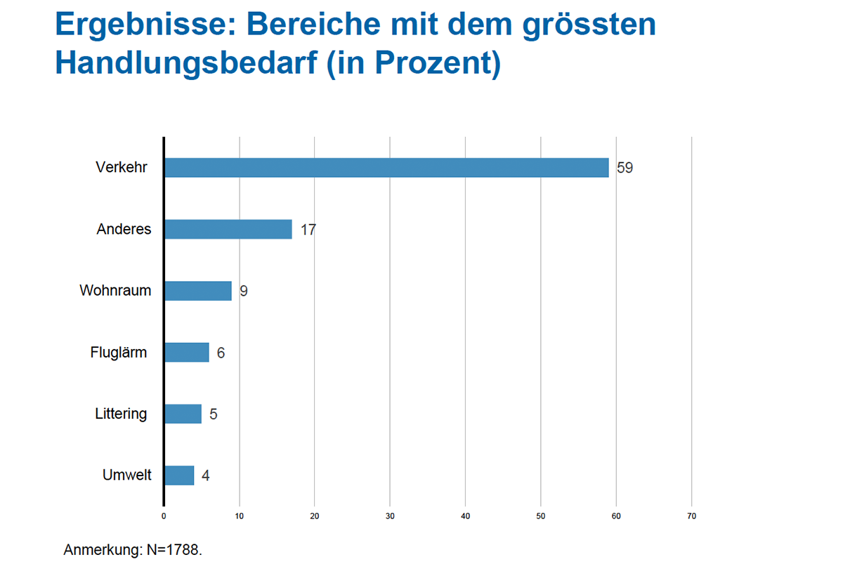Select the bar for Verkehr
coord(386,167)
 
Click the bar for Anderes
coord(228,229)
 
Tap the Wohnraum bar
coord(198,291)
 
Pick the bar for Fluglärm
coord(187,353)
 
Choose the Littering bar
coord(183,414)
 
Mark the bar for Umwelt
coord(180,476)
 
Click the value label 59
coord(625,168)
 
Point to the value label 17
coord(308,230)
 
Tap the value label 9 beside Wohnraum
coord(244,291)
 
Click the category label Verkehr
coord(122,167)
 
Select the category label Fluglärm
coord(119,353)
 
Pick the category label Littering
coord(121,414)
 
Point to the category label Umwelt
coord(127,475)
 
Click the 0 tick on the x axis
coord(164,516)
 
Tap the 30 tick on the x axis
coord(390,516)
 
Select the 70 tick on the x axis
coord(692,516)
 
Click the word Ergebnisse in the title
coord(145,25)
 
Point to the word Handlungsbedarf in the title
coord(187,63)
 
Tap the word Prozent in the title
coord(433,63)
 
